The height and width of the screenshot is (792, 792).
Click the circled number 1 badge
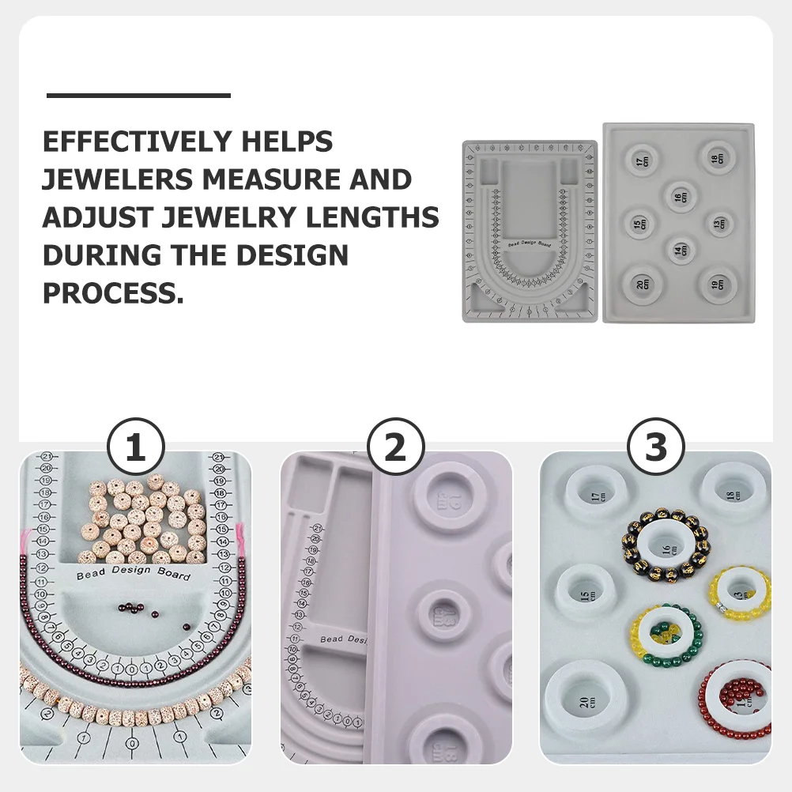135,448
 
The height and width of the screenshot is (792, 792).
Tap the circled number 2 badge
395,448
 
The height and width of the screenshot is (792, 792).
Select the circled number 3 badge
656,448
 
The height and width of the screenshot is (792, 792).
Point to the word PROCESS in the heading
112,293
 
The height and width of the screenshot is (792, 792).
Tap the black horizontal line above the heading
138,96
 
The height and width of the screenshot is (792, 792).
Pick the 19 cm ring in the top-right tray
716,282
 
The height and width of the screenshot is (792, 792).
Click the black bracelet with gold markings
665,545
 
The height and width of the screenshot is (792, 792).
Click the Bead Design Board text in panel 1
133,573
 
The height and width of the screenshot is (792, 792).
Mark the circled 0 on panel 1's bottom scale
131,743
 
